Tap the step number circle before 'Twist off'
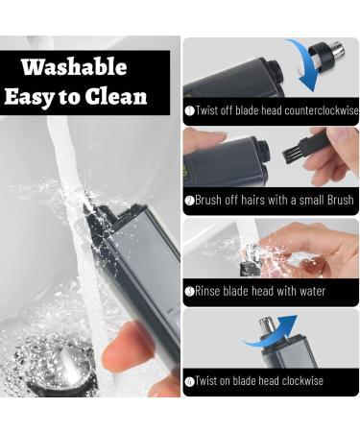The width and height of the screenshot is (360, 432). tap(189, 111)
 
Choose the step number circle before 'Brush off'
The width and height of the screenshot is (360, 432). tap(189, 202)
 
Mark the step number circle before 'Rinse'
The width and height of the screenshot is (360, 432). tap(189, 292)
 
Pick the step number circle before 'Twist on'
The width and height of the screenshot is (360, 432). tap(189, 382)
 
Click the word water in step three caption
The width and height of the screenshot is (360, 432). tap(309, 291)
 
